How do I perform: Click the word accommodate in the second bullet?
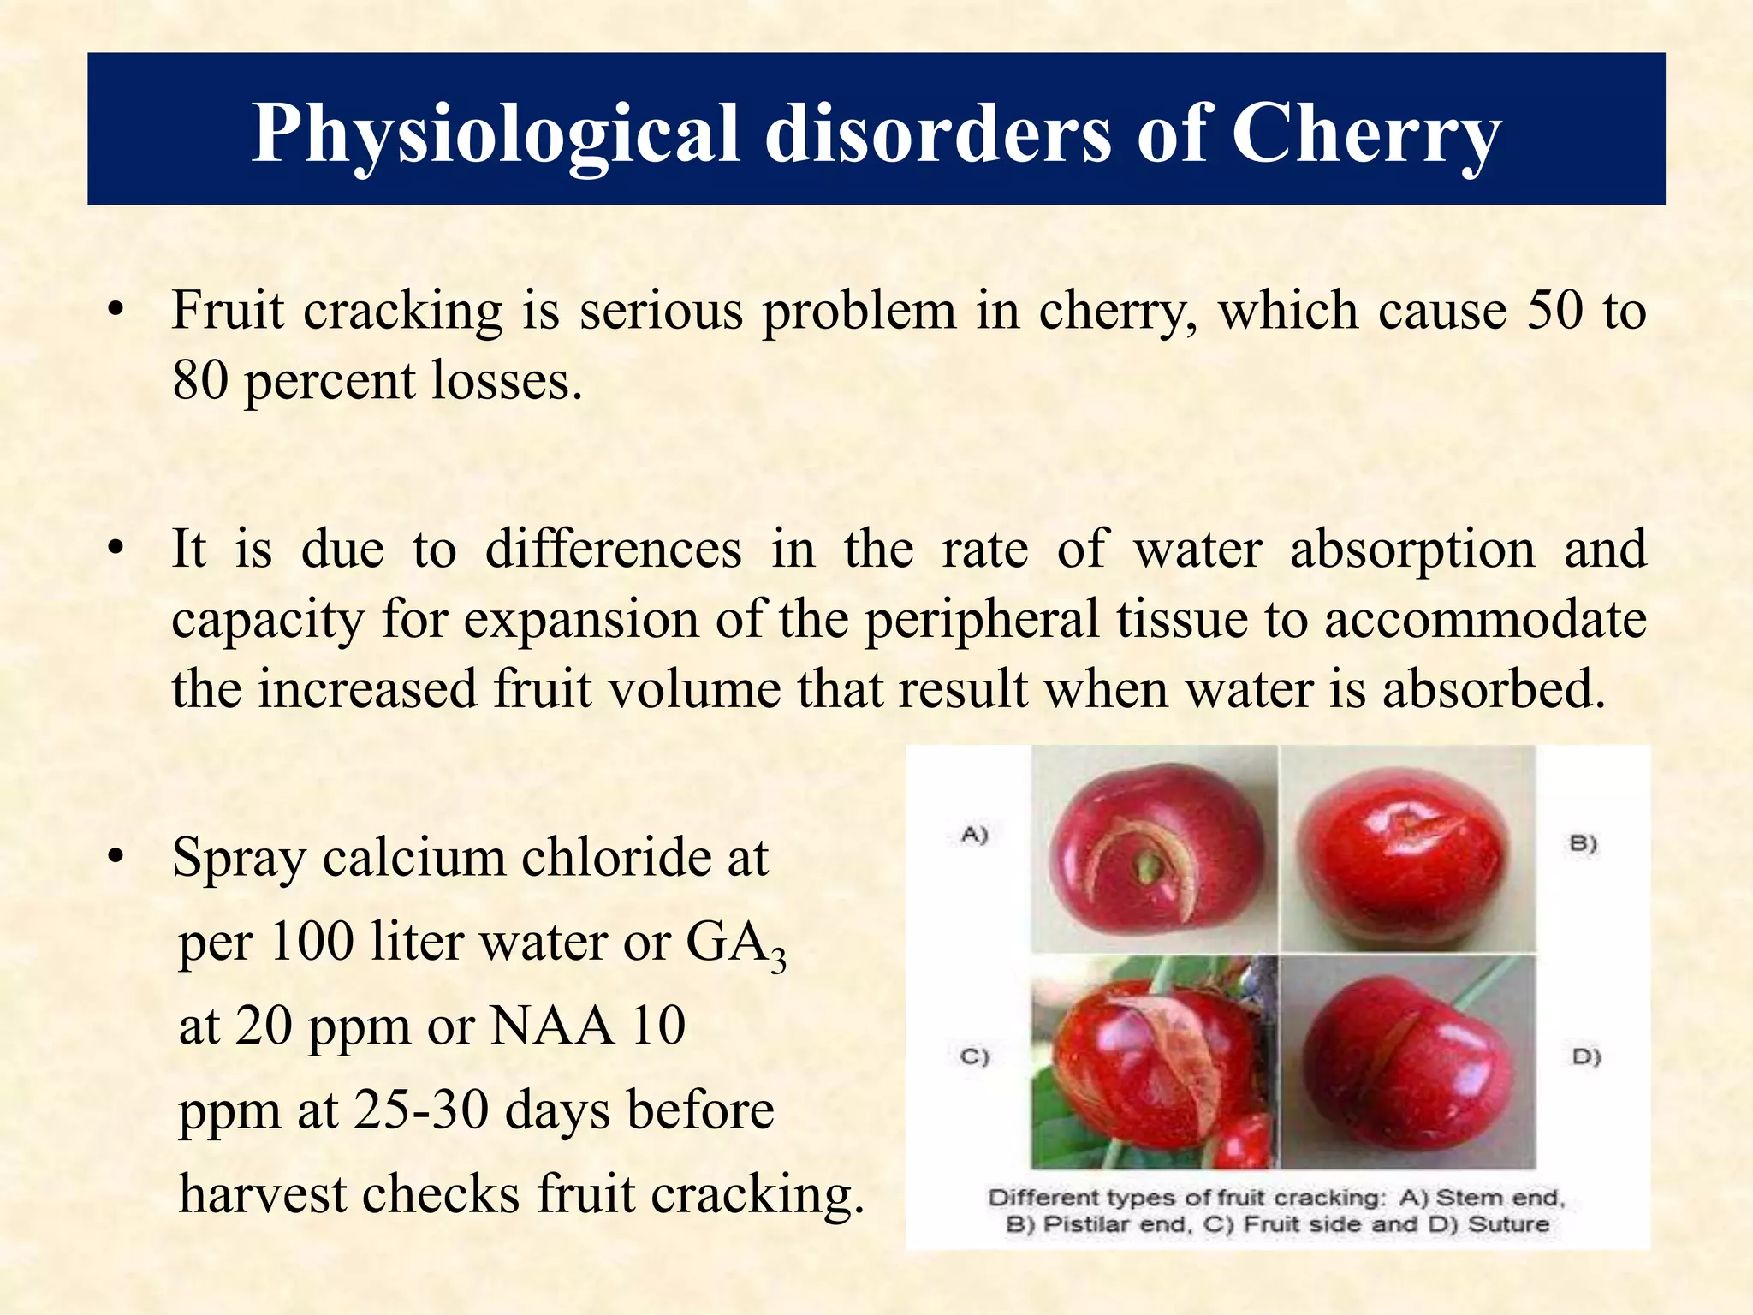click(1485, 620)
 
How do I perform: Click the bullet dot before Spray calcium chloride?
click(117, 858)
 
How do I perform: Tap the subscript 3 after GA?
click(777, 961)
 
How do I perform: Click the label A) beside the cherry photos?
click(975, 834)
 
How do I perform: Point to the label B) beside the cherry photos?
click(1583, 843)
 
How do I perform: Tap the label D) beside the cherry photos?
click(1586, 1056)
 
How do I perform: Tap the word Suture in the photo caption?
click(1509, 1224)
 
